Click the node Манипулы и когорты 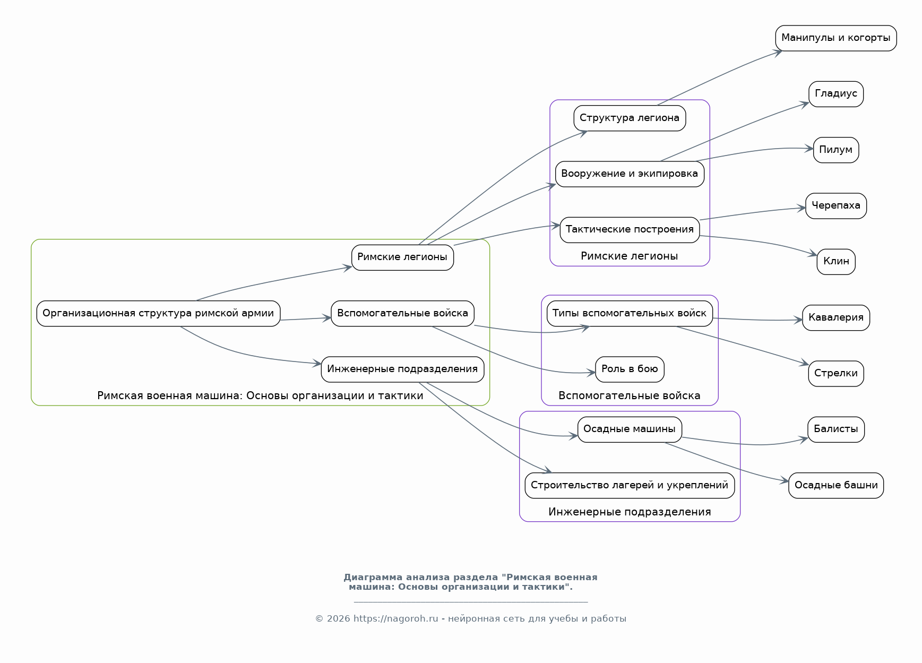tap(835, 38)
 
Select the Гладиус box tap(836, 94)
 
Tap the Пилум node tap(836, 150)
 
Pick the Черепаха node tap(836, 206)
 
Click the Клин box tap(836, 262)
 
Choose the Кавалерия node tap(836, 318)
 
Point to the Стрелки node tap(836, 374)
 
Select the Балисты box tap(836, 429)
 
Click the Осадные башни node tap(836, 486)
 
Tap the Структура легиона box tap(630, 118)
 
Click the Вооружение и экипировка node tap(630, 174)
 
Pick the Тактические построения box tap(630, 230)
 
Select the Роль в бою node tap(630, 369)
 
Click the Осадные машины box tap(630, 429)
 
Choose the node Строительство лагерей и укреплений tap(630, 486)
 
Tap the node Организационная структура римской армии tap(158, 314)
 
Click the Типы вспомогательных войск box tap(630, 314)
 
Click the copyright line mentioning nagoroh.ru tap(471, 619)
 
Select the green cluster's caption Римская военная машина tap(260, 396)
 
